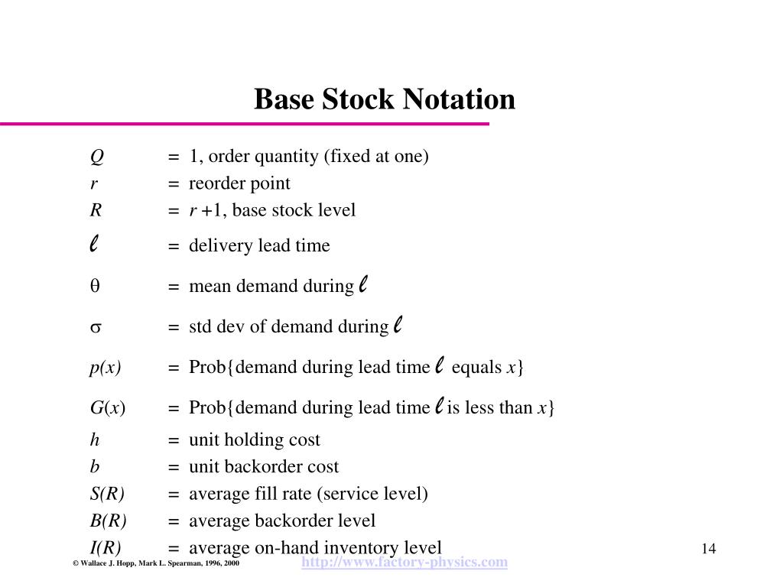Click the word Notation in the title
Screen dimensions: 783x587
tap(459, 99)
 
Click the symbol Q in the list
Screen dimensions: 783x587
tap(96, 157)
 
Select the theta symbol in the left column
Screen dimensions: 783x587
tap(96, 287)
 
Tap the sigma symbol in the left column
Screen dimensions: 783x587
tap(96, 328)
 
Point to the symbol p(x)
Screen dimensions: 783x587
tap(106, 368)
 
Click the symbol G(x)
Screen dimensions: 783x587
tap(108, 408)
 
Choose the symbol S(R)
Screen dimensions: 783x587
tap(107, 494)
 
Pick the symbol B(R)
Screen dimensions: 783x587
tap(108, 521)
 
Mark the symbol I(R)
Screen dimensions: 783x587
tap(106, 548)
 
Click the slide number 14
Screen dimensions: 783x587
tap(707, 549)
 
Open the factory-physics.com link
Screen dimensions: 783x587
tap(404, 563)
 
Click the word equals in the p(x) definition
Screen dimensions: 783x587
tap(476, 368)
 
